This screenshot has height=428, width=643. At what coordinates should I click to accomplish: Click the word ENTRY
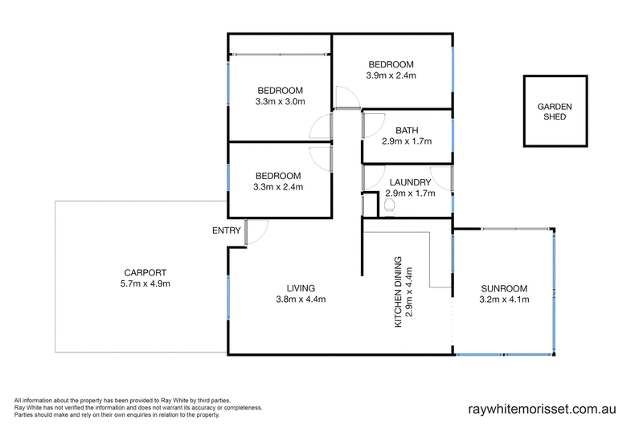click(226, 231)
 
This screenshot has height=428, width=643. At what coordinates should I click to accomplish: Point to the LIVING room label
click(301, 288)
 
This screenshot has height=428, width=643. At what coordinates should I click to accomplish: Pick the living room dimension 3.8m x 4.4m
click(301, 300)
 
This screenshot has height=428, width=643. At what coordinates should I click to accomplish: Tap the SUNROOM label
click(504, 288)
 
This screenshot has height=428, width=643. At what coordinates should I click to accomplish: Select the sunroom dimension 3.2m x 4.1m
click(504, 300)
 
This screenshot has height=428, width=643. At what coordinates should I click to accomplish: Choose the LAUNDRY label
click(411, 182)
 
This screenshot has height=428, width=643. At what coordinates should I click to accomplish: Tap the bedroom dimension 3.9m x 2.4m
click(391, 76)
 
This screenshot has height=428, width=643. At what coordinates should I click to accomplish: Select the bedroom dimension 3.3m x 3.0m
click(279, 102)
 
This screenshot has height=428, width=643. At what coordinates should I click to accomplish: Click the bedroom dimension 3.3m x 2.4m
click(278, 187)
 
